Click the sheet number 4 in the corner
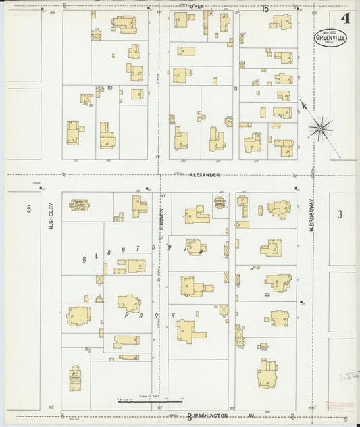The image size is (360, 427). click(x=345, y=18)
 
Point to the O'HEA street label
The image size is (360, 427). click(x=197, y=7)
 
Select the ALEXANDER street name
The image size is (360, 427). click(x=205, y=174)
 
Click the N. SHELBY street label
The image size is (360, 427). click(x=51, y=218)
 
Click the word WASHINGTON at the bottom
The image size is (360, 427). click(x=209, y=416)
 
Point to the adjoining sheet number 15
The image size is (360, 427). click(x=265, y=8)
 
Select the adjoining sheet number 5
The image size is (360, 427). click(x=29, y=209)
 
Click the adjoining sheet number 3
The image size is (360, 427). click(x=340, y=214)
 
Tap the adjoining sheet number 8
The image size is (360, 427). click(x=190, y=416)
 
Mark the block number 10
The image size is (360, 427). click(x=109, y=88)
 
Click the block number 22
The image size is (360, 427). click(x=267, y=294)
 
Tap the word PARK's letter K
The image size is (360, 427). click(x=172, y=316)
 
